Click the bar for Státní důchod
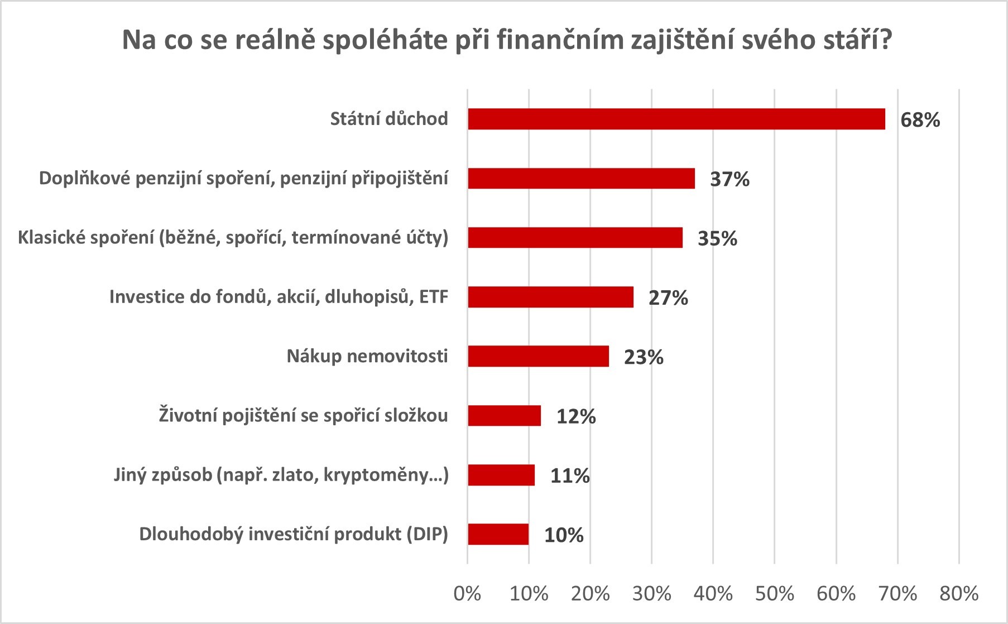coord(676,119)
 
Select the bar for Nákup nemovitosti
coord(538,356)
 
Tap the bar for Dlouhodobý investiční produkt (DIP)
coord(498,534)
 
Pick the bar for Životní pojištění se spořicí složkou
coord(504,416)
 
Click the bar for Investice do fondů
coord(550,297)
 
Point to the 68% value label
coord(920,120)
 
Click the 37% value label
coord(729,179)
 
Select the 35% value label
coord(717,238)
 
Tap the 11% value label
coord(570,476)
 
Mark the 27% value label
coord(668,298)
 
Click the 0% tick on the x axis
coord(468,594)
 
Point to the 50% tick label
coord(775,594)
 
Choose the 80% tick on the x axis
coord(959,594)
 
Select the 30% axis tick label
coord(652,594)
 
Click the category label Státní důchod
coord(389,119)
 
